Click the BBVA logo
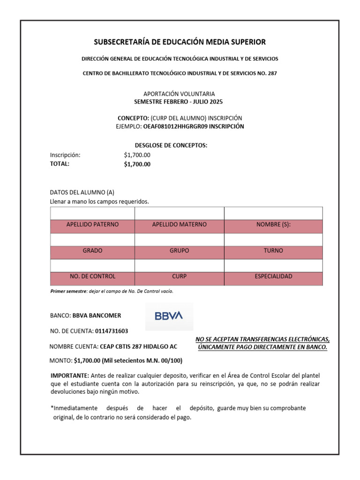point(169,316)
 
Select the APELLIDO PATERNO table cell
point(92,225)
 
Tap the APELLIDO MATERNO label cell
point(179,225)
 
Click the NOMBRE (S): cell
point(273,225)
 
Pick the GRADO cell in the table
point(92,251)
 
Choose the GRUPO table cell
point(179,251)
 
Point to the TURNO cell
point(273,251)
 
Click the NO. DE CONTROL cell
point(92,277)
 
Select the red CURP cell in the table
point(179,277)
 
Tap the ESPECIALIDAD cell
point(273,277)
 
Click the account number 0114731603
point(111,331)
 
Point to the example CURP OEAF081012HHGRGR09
point(175,127)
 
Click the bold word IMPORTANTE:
point(69,376)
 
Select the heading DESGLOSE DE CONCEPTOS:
point(171,146)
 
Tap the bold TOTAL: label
point(60,164)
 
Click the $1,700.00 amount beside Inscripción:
point(137,155)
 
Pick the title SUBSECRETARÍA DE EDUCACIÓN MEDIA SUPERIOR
point(180,42)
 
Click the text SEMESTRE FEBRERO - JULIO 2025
point(180,101)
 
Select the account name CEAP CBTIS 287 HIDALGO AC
point(139,346)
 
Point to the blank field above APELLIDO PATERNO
point(92,213)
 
